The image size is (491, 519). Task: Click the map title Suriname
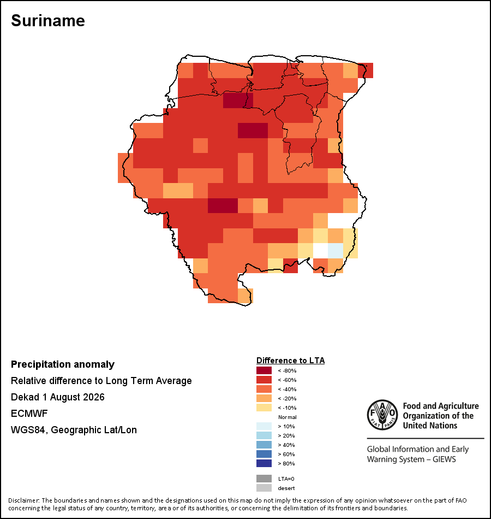click(x=48, y=21)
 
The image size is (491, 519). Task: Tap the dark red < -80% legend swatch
click(x=264, y=370)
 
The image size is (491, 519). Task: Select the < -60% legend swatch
click(x=264, y=380)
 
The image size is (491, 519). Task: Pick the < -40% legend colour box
click(x=264, y=389)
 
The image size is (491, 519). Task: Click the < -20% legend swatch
click(x=264, y=398)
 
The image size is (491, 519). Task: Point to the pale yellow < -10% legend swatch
click(x=264, y=408)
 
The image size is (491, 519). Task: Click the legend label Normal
click(x=288, y=417)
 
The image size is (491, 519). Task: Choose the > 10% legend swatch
click(x=264, y=426)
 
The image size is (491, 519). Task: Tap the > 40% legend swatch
click(x=264, y=445)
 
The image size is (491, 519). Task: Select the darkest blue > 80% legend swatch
click(x=264, y=463)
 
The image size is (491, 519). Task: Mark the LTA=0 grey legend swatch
click(x=264, y=479)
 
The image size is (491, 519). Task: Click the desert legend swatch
click(x=264, y=488)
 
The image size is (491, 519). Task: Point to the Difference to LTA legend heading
click(x=290, y=361)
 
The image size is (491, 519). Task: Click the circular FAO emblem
click(x=382, y=415)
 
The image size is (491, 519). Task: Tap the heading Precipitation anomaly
click(x=63, y=364)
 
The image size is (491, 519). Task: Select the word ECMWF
click(x=29, y=414)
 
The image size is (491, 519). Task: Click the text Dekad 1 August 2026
click(x=57, y=397)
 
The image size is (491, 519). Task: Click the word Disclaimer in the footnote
click(x=23, y=500)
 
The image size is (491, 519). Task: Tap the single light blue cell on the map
click(x=336, y=251)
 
